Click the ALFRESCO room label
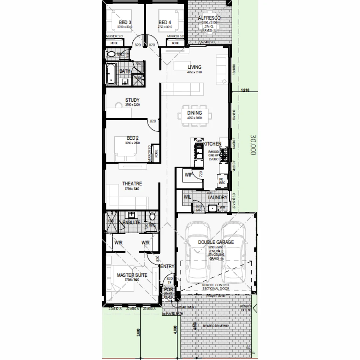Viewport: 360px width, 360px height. pyautogui.click(x=209, y=18)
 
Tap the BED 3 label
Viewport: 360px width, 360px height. pyautogui.click(x=125, y=22)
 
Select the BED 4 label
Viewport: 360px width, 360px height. pyautogui.click(x=165, y=22)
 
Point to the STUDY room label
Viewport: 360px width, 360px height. pyautogui.click(x=132, y=100)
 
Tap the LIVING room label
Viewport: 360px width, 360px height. pyautogui.click(x=194, y=67)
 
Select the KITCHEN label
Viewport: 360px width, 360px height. pyautogui.click(x=212, y=144)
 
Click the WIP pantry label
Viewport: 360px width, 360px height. pyautogui.click(x=189, y=174)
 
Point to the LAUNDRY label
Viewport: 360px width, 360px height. pyautogui.click(x=217, y=198)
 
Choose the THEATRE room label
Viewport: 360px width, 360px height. pyautogui.click(x=132, y=184)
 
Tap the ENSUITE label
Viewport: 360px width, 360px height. pyautogui.click(x=131, y=222)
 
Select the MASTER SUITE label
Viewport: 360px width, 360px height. pyautogui.click(x=132, y=275)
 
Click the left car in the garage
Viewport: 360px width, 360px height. pyautogui.click(x=198, y=253)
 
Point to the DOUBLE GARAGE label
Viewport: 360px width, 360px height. pyautogui.click(x=216, y=242)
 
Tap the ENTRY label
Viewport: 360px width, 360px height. pyautogui.click(x=167, y=266)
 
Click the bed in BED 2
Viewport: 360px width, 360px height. pyautogui.click(x=126, y=148)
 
